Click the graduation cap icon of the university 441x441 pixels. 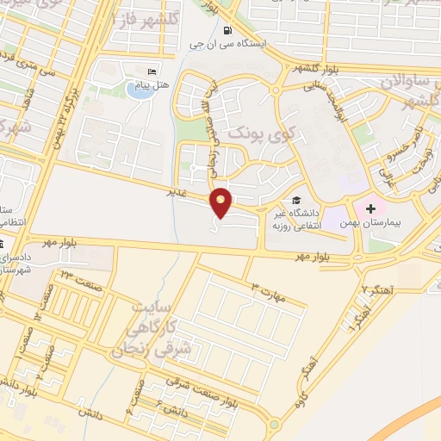[296, 200]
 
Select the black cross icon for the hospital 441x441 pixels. [370, 209]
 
